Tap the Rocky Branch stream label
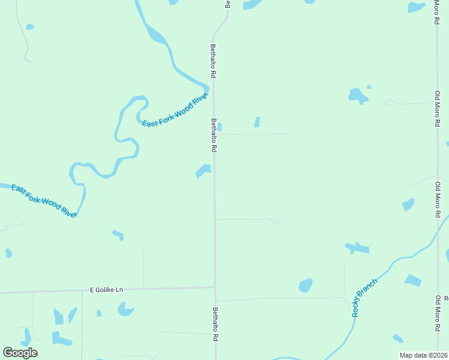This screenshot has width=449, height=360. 365,298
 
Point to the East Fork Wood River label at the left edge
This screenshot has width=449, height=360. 44,200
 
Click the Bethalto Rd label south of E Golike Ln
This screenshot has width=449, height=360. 215,325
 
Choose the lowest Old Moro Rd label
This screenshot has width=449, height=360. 438,314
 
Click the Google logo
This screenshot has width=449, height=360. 20,353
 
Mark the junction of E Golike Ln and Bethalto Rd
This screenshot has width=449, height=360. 215,287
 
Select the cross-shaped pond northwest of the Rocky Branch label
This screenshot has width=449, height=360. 357,248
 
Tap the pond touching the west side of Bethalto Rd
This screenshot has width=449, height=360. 204,171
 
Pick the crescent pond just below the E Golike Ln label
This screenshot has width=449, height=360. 125,310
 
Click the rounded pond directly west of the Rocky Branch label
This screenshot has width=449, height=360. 306,285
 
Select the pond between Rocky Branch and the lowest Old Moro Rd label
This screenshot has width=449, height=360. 412,280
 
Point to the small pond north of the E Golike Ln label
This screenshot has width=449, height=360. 118,235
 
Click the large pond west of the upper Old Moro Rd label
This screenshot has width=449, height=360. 358,95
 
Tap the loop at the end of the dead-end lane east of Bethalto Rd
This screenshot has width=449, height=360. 275,221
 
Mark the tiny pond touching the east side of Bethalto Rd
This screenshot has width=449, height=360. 219,127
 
